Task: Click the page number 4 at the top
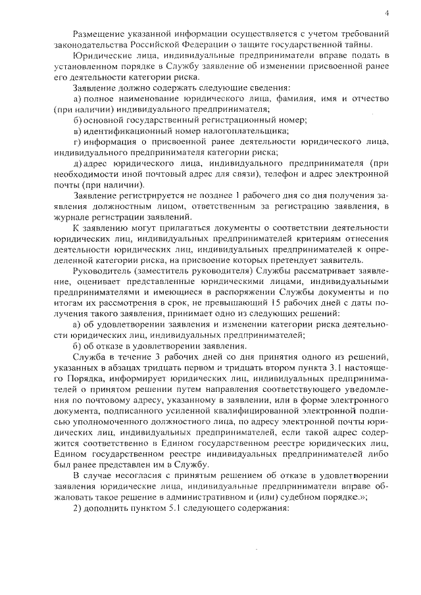(387, 12)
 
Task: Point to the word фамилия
(301, 98)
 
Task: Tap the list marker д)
(78, 162)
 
